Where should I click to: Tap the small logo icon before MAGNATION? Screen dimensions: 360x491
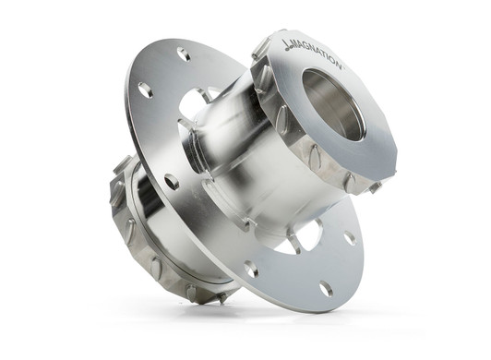click(x=288, y=45)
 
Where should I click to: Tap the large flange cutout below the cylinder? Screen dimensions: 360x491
click(x=300, y=237)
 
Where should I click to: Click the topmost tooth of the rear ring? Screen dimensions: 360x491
click(x=122, y=164)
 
